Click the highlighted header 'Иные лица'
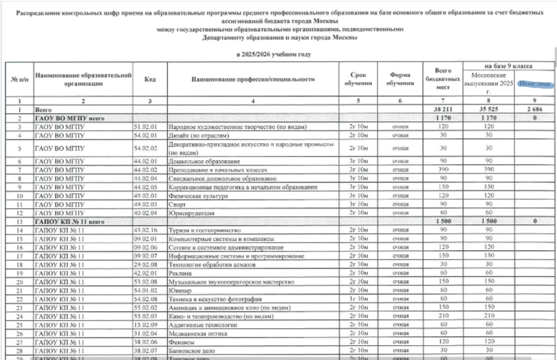pyautogui.click(x=534, y=85)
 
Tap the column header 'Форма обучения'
pyautogui.click(x=400, y=79)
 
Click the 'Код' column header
pyautogui.click(x=150, y=79)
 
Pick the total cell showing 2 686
pyautogui.click(x=534, y=108)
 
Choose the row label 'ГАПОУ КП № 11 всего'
pyautogui.click(x=66, y=222)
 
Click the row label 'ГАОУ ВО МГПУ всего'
pyautogui.click(x=66, y=117)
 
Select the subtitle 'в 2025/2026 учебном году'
pyautogui.click(x=273, y=54)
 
